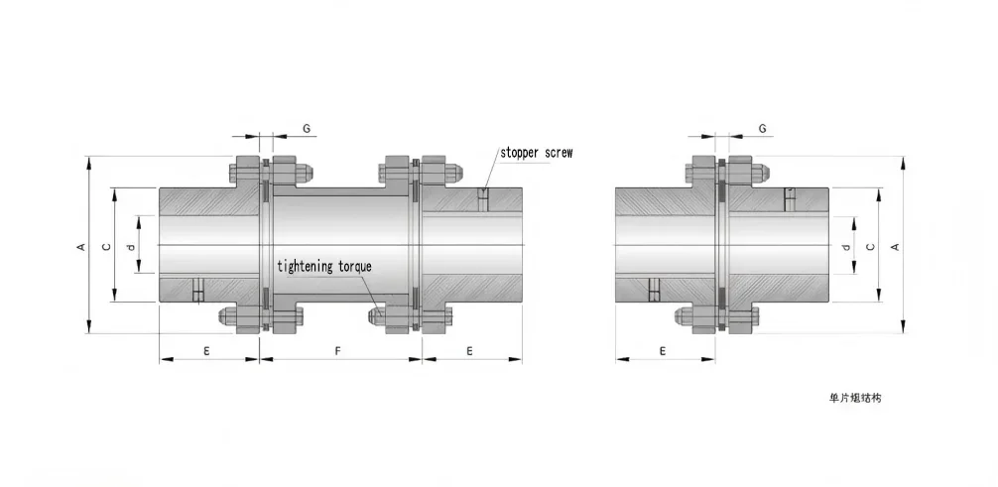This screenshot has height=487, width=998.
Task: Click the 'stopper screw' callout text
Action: coord(536,153)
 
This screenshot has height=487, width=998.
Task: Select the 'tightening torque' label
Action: coord(324,266)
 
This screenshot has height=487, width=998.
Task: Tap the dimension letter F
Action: coord(338,350)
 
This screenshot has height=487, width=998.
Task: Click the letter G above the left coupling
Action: coord(307,128)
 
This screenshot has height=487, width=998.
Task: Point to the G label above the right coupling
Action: coord(762,128)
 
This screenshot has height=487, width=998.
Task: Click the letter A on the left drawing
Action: coord(80,246)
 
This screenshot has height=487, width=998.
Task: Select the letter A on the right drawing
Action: coord(895,246)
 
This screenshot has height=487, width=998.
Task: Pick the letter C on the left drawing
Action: coord(106,246)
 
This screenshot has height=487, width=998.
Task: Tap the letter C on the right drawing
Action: coord(870,246)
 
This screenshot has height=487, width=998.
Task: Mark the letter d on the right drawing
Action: coord(844,246)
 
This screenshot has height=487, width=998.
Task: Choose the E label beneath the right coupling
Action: coord(662,350)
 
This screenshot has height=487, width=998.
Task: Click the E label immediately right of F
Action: coord(468,350)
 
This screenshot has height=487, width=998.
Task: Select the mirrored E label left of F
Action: coord(206,350)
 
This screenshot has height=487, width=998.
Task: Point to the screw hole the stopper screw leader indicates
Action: coord(483,198)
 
